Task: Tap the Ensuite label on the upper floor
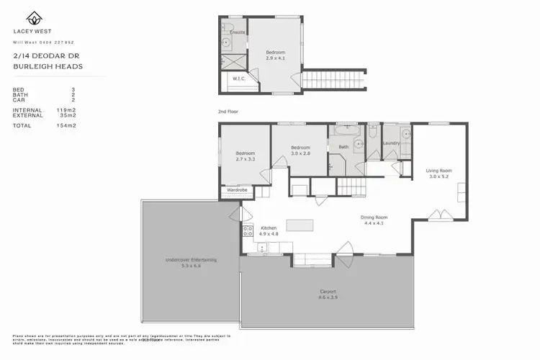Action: (237, 32)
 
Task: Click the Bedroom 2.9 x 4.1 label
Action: (276, 54)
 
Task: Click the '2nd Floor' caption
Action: (228, 112)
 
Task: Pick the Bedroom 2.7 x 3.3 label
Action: (245, 156)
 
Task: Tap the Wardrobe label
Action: (237, 190)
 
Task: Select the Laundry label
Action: (391, 143)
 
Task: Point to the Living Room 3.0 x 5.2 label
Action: (439, 174)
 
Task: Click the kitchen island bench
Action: (301, 225)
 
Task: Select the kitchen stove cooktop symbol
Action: (248, 232)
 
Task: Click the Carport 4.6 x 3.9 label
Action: (328, 294)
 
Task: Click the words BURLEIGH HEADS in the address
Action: (48, 66)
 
